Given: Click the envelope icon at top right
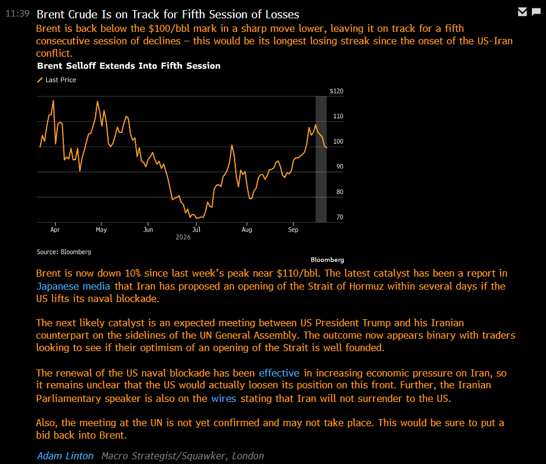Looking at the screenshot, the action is (522, 12).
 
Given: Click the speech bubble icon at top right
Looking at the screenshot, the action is (537, 12).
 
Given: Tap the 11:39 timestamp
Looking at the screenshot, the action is (17, 14).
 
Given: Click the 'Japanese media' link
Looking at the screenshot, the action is (73, 286).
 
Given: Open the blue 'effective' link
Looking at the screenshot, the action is (279, 373).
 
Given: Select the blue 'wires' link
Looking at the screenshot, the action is (223, 398).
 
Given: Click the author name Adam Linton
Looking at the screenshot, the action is (65, 456).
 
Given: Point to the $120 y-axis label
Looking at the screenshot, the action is (336, 91).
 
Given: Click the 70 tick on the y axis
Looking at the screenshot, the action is (340, 217).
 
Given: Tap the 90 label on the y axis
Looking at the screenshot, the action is (340, 167).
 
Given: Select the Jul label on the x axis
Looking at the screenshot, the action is (196, 229).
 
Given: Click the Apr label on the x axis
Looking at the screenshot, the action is (55, 229).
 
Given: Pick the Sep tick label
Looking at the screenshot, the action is (293, 229).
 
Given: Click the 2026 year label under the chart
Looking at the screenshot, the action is (183, 237).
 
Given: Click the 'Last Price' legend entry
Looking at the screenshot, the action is (57, 80).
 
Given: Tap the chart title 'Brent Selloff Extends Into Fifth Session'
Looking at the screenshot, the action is (129, 66).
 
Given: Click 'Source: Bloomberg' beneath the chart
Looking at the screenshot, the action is (64, 252).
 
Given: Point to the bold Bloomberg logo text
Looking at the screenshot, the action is (327, 260).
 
